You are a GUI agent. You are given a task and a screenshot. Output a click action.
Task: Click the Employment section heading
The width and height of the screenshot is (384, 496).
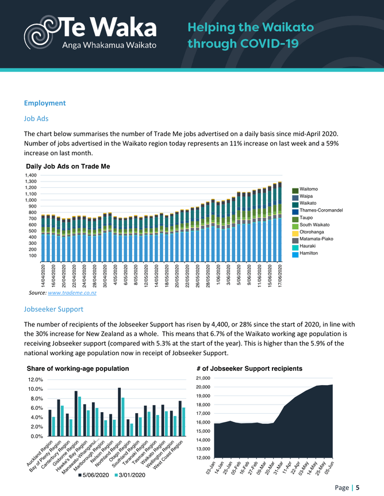point(45,103)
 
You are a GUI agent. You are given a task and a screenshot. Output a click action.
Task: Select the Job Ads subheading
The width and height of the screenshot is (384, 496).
point(36,118)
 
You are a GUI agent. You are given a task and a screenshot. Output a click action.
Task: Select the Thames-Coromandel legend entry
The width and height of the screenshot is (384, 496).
point(321,211)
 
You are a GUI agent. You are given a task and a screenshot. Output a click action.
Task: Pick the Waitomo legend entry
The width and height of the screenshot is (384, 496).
point(309,190)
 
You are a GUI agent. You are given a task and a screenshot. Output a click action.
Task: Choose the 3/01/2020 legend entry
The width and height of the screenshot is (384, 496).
point(130,475)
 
